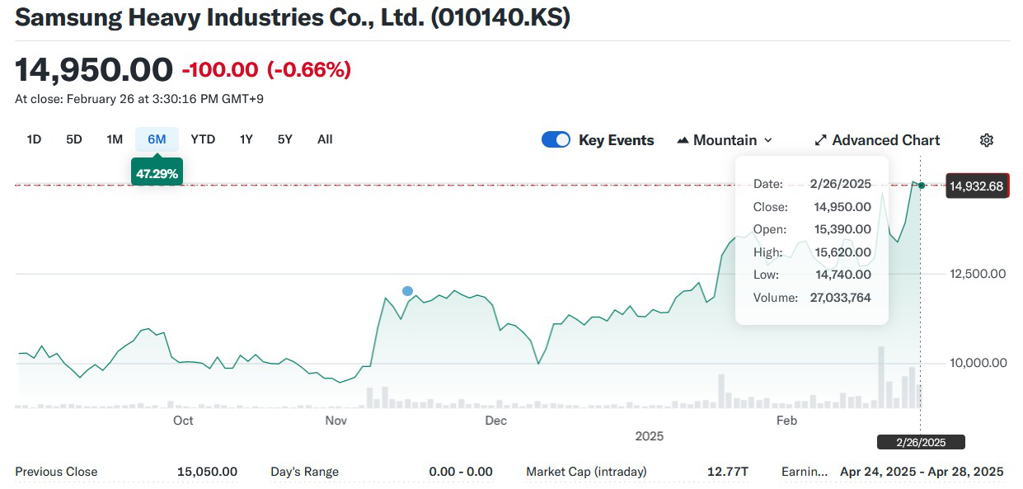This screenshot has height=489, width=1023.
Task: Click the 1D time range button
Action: point(34,139)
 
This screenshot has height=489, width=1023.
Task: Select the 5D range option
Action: point(74,139)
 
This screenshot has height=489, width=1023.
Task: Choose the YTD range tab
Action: point(203,139)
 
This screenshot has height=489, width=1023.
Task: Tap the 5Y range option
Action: point(284,139)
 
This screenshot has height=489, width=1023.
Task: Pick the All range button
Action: point(325,139)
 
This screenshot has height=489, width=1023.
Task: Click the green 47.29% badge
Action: point(157,173)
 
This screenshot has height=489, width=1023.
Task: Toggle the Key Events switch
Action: point(556,140)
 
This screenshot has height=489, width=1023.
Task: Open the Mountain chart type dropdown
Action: point(725,140)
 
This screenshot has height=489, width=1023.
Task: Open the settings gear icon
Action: point(986,140)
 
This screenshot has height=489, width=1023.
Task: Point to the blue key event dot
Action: point(407,291)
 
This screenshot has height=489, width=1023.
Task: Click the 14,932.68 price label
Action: point(977,186)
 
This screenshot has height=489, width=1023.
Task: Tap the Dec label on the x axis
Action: point(495,421)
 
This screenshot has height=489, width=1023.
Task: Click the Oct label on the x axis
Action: point(183,421)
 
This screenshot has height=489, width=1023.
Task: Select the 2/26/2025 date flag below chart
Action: point(921,442)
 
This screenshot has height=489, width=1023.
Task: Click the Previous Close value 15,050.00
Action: point(207,472)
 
